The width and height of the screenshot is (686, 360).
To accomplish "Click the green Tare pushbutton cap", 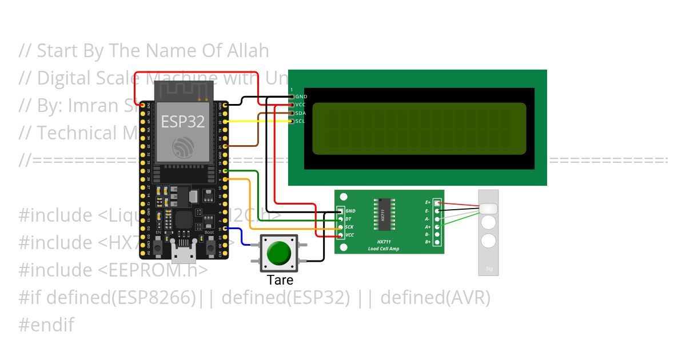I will [x=279, y=253].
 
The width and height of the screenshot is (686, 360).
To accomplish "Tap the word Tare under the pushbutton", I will [x=280, y=281].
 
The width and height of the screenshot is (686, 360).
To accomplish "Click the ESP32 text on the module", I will [x=183, y=122].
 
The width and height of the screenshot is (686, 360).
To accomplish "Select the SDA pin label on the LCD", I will [x=301, y=113].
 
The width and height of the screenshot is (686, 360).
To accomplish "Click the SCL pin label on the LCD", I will [x=301, y=121].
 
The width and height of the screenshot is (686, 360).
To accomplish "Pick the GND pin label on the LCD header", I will [x=301, y=97].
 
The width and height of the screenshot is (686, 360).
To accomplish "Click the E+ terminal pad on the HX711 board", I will [x=437, y=202].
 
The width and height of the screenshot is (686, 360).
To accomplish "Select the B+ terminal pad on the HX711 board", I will [x=437, y=242].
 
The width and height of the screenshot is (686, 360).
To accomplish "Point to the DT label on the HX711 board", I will [x=348, y=219].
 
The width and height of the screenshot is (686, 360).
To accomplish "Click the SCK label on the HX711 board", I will [x=349, y=227].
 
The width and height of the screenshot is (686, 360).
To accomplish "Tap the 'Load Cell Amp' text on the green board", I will [x=384, y=249].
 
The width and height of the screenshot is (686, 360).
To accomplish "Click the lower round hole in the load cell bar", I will [x=488, y=241].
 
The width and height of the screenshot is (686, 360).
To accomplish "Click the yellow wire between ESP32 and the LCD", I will [x=257, y=122].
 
